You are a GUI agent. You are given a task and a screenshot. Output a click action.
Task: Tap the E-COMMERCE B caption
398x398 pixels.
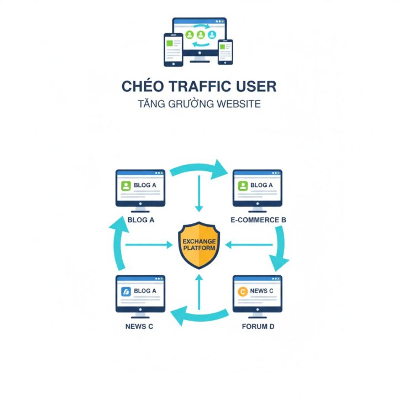258,220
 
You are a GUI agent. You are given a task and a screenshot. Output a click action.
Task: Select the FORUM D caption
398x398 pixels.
258,326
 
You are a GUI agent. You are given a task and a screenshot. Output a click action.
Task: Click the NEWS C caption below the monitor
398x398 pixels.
139,326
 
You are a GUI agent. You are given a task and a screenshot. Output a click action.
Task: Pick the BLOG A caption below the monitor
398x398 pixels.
140,220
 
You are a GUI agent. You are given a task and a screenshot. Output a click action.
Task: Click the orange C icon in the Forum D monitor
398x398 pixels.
242,291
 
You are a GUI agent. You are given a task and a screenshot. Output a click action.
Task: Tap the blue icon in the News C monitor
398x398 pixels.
125,291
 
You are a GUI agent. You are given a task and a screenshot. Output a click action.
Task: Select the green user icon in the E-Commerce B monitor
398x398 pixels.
243,185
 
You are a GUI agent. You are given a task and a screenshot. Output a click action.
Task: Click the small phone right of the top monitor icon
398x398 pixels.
225,51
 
